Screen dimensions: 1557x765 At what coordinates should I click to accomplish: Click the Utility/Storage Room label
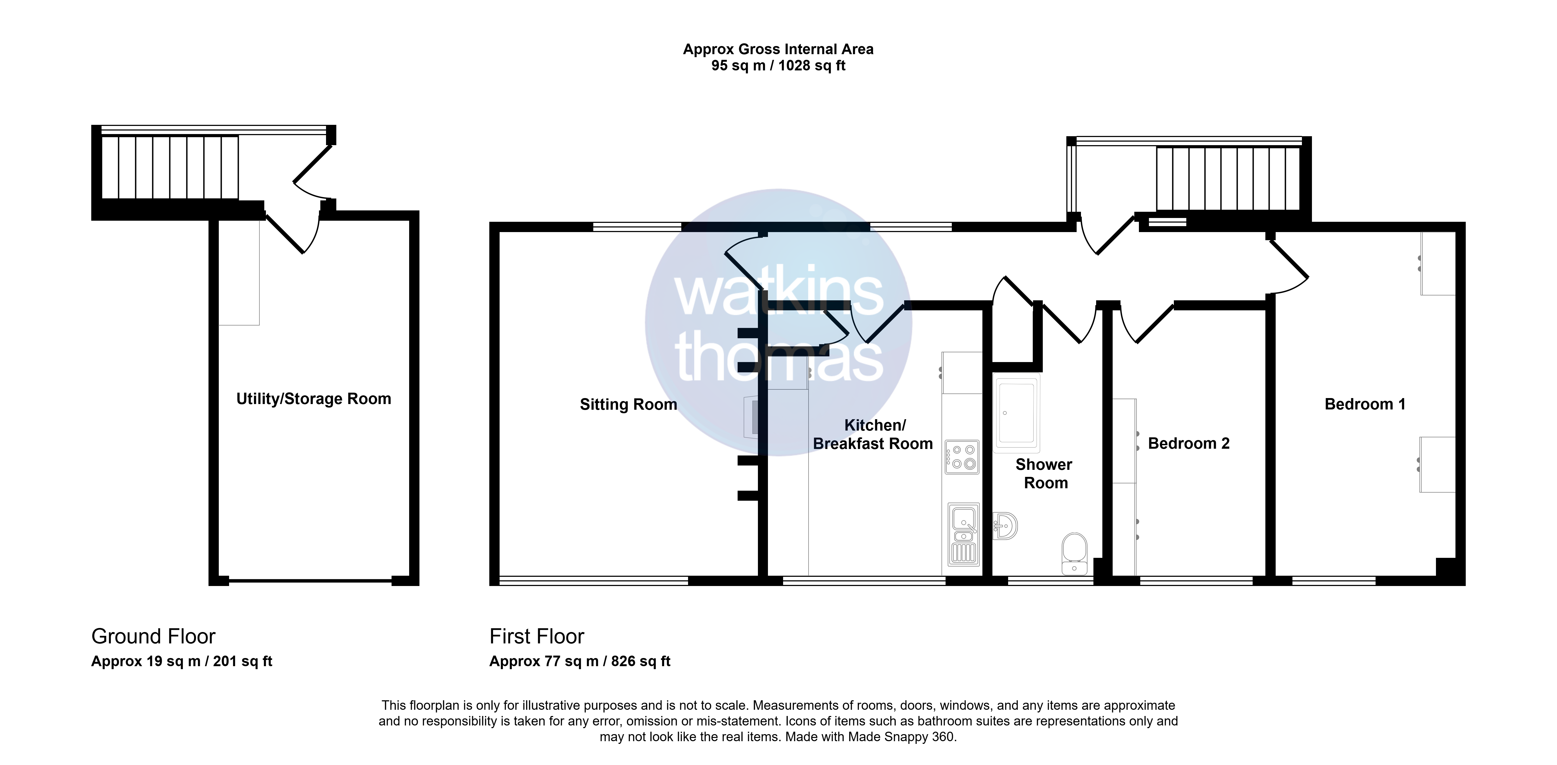(x=314, y=399)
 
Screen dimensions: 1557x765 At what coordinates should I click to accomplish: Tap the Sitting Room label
(x=628, y=404)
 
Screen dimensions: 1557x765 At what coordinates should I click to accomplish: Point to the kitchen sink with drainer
(x=963, y=535)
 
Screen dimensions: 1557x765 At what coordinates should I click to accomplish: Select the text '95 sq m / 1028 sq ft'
(x=778, y=66)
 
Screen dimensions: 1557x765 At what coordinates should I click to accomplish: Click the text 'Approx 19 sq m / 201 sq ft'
(x=182, y=662)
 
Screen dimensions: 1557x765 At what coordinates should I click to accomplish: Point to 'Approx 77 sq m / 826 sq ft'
(x=580, y=662)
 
